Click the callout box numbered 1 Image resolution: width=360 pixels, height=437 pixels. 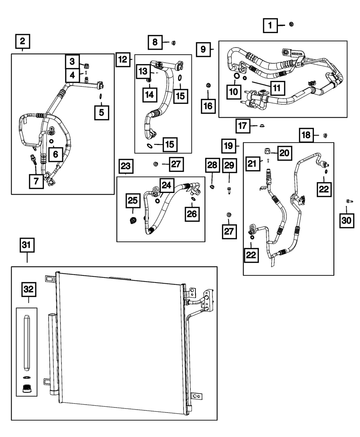coord(270,26)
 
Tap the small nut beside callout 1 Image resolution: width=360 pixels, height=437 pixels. coord(292,24)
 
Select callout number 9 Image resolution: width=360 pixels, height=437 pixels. coord(203,49)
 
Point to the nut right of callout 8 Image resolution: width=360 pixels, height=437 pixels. coord(173,43)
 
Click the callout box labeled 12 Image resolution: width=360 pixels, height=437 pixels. coord(123,59)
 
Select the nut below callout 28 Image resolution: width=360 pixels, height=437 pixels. coord(212,186)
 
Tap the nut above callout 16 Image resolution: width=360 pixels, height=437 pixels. coord(208,85)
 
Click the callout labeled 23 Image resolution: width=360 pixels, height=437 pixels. coord(125,167)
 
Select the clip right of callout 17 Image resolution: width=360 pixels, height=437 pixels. coord(262,126)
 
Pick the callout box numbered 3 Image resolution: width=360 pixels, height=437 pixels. coord(72,61)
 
